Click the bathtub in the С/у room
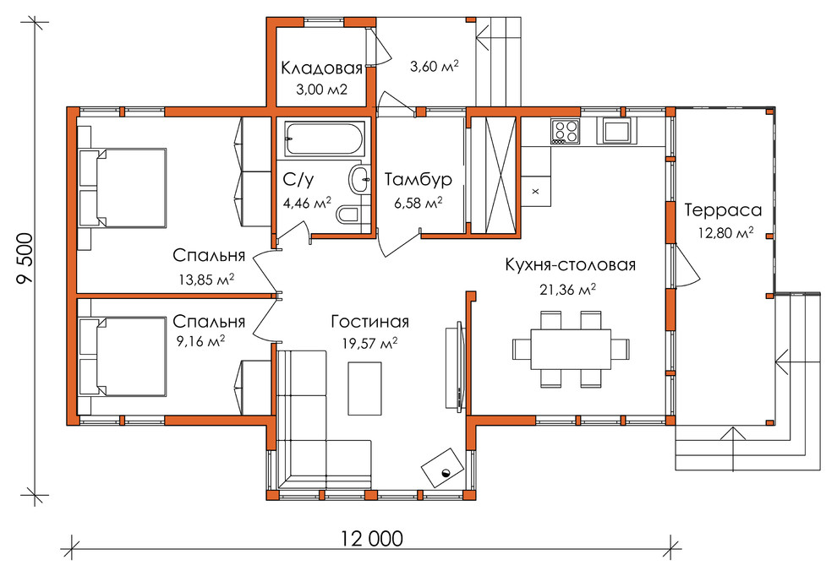coord(325,139)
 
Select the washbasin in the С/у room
coord(360,179)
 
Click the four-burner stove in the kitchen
coord(565,132)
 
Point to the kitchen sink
coord(619,131)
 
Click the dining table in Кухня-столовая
coord(571,349)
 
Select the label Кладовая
coord(321,68)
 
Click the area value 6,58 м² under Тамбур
coord(418,203)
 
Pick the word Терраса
coord(723,210)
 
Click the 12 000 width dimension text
coord(371,539)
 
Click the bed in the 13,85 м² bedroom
coord(123,187)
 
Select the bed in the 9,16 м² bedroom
coord(123,356)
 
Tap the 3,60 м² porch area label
coord(435,66)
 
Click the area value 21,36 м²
coord(567,290)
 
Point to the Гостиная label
coord(370,322)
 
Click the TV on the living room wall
coord(456,366)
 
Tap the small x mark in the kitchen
coord(535,191)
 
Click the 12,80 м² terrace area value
coord(725,233)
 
